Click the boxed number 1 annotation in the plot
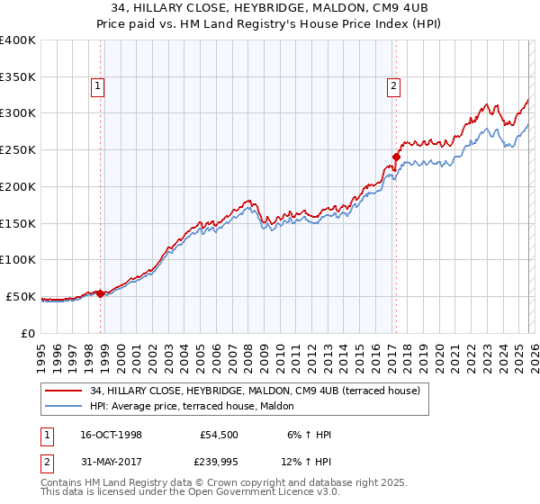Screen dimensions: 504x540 [96, 87]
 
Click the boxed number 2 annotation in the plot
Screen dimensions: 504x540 [393, 87]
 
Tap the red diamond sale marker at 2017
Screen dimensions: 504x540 [396, 157]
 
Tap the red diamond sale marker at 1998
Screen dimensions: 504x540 [100, 292]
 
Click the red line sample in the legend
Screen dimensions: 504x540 [64, 390]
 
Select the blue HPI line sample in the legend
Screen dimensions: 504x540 [64, 405]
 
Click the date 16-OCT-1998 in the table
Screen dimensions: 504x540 [111, 435]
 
